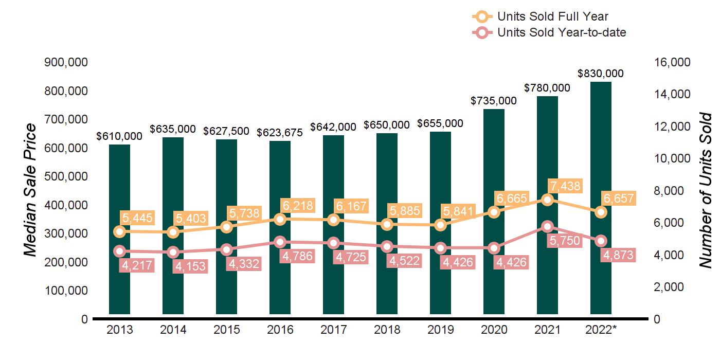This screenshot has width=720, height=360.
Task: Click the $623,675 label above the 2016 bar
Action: (x=280, y=132)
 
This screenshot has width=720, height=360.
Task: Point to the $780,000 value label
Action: (x=547, y=88)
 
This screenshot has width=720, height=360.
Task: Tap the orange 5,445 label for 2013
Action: (x=137, y=218)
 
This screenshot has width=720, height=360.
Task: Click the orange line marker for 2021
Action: (x=547, y=200)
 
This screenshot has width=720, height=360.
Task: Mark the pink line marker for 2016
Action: (x=280, y=242)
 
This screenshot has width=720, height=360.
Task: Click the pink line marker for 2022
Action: (x=601, y=241)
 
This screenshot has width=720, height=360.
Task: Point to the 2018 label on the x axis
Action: (x=387, y=330)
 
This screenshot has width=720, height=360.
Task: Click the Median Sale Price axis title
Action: (x=31, y=190)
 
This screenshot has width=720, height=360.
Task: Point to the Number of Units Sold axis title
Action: (x=706, y=190)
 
